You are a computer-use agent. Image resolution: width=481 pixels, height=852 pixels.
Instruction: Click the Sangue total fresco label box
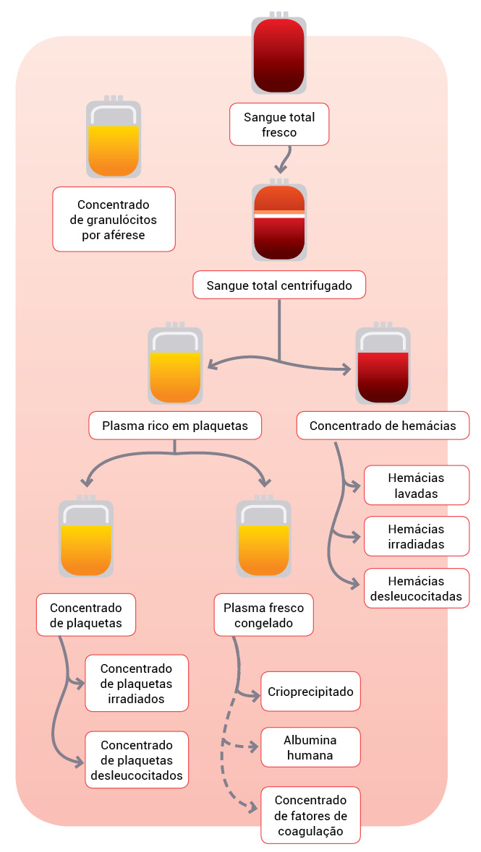(279, 124)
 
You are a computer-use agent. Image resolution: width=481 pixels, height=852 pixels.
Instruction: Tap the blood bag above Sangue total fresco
(279, 54)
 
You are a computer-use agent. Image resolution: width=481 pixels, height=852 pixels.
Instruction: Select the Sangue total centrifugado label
(279, 285)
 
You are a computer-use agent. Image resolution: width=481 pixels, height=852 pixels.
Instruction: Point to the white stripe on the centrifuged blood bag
(279, 215)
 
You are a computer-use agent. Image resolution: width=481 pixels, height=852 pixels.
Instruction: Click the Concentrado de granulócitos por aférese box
(114, 219)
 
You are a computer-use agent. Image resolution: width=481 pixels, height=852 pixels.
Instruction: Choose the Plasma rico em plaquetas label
(175, 426)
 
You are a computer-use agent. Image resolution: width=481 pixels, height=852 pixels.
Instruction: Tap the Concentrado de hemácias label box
(383, 426)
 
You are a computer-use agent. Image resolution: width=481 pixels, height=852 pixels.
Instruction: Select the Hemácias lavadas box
(416, 486)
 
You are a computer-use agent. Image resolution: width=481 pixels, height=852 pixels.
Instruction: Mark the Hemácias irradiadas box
(416, 537)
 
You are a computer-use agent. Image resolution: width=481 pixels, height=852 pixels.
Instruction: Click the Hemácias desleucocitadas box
(416, 589)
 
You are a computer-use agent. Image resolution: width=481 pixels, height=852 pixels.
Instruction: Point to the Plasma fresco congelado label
(263, 616)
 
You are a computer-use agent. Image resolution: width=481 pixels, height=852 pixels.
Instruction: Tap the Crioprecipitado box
(310, 692)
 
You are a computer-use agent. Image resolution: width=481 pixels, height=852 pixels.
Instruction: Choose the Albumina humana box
(310, 747)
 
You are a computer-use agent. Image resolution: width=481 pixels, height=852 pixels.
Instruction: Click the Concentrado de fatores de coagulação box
(310, 815)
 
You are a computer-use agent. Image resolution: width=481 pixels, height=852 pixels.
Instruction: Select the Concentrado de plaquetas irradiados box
(137, 683)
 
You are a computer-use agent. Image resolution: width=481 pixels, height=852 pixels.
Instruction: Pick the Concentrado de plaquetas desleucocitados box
(137, 760)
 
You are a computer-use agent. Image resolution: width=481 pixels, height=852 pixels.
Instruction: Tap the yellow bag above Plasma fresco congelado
(264, 538)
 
